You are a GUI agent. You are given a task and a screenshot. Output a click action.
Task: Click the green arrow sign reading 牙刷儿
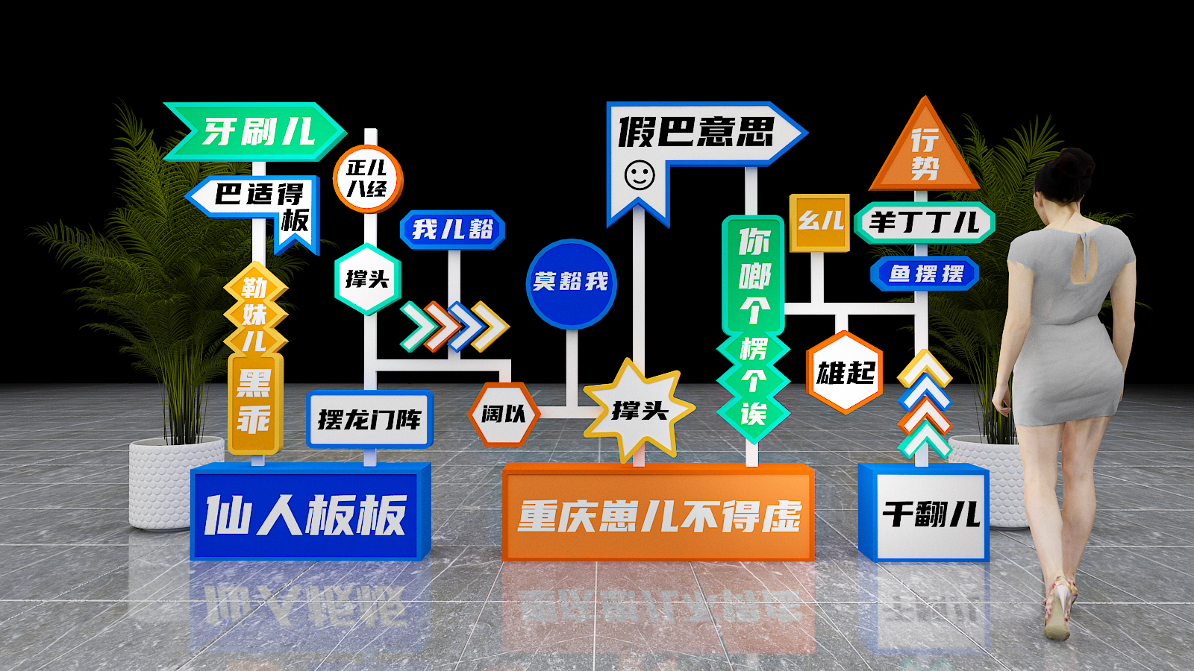click(x=254, y=131)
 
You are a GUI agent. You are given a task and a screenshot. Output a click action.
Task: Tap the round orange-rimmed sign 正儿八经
click(x=368, y=179)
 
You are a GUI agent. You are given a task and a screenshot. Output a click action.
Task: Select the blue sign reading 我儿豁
click(x=452, y=230)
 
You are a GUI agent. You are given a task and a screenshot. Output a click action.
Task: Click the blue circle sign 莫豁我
click(x=572, y=283)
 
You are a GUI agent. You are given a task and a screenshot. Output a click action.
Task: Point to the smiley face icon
click(x=640, y=175)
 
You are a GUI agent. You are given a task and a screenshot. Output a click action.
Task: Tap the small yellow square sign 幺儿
click(x=820, y=223)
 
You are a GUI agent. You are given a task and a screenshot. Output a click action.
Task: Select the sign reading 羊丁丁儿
click(x=925, y=223)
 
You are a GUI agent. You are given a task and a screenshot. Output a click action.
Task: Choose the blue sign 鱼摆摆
click(x=925, y=274)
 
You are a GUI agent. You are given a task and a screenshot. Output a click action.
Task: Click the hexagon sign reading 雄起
click(x=845, y=373)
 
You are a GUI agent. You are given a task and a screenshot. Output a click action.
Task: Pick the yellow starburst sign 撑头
click(x=639, y=410)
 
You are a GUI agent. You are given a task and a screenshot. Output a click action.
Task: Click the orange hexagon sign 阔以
click(x=504, y=414)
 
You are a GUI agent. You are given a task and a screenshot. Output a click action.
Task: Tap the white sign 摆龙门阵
click(x=370, y=419)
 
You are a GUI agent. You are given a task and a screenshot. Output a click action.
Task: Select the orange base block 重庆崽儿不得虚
click(x=658, y=513)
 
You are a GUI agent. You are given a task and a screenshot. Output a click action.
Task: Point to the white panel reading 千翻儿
click(x=931, y=515)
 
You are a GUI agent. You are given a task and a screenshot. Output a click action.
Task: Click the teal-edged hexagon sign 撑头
click(x=367, y=279)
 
